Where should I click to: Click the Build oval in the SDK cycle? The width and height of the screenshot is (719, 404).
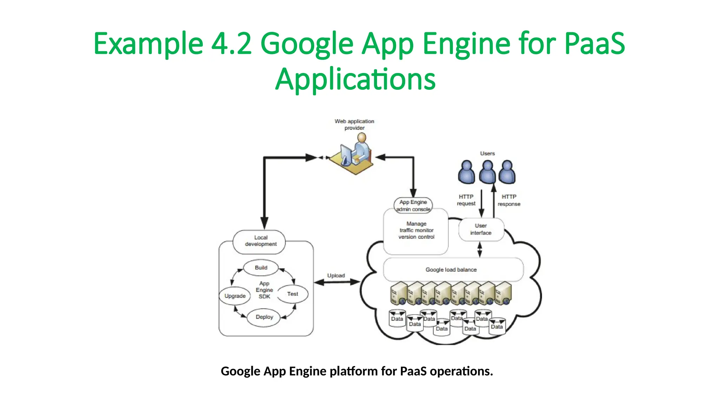pos(261,268)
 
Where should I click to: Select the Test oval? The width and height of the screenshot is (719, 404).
pos(292,294)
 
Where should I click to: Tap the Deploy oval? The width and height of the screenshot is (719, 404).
pos(264,317)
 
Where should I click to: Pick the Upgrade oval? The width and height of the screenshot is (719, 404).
pos(235,296)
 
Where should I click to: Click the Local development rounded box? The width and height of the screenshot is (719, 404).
pos(260,241)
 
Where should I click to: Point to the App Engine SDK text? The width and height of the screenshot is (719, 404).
pos(264,290)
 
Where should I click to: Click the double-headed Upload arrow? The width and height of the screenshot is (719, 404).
pos(337,282)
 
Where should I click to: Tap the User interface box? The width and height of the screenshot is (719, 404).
pos(481,229)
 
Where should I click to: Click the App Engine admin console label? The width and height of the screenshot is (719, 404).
pos(413,206)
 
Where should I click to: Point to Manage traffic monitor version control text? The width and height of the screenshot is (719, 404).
pos(416,230)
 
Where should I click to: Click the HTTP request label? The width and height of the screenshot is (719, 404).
pos(466,200)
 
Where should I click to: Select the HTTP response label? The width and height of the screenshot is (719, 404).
pos(509,200)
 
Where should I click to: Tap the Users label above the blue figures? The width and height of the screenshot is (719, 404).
pos(487,154)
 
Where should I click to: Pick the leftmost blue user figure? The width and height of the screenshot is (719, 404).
pos(466,172)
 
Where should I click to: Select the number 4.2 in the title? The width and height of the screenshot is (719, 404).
pos(231,44)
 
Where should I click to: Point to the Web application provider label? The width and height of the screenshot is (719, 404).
pos(354,124)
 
